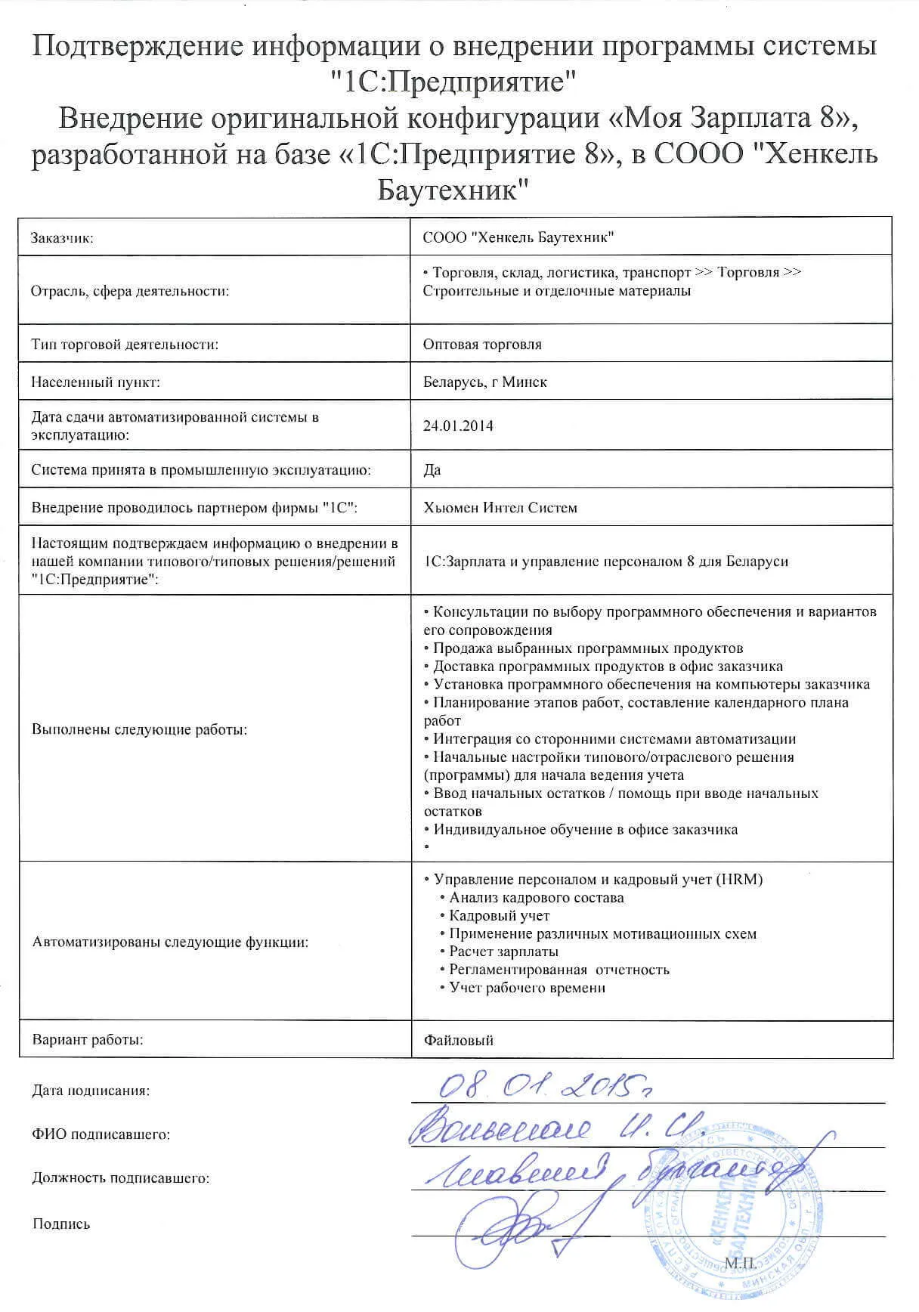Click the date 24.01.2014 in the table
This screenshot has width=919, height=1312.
coord(458,425)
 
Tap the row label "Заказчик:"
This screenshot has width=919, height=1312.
coord(62,238)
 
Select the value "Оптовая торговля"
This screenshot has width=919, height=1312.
coord(482,345)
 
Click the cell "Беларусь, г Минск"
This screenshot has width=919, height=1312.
coord(484,382)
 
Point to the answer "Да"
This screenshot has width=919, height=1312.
coord(432,470)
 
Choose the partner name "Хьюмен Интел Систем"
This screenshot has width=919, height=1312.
coord(500,508)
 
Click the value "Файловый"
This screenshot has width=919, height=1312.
coord(458,1041)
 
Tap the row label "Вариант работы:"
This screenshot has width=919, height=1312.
coord(88,1040)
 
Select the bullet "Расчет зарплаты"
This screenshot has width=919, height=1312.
coord(503,952)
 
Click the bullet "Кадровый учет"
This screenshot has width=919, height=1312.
coord(499,916)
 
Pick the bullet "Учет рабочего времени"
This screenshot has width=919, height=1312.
coord(527,988)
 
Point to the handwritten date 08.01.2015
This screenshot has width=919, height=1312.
coord(544,1086)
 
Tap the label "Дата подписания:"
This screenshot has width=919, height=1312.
coord(91,1091)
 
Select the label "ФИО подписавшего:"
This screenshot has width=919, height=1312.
coord(101,1134)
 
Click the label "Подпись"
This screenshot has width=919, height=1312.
coord(61,1224)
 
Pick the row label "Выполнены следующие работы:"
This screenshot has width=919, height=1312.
coord(140,730)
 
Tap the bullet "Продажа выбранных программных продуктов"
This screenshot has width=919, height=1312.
coord(587,648)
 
